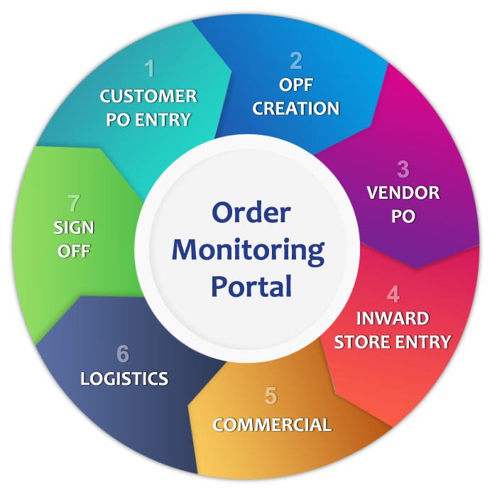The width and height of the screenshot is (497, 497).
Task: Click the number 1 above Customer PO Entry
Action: click(x=149, y=69)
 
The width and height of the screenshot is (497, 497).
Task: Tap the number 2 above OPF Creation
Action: click(x=296, y=60)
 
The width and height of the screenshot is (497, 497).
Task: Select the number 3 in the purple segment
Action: click(x=403, y=169)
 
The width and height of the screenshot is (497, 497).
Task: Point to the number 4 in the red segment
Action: click(x=393, y=294)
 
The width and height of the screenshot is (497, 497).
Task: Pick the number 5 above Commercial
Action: click(x=271, y=395)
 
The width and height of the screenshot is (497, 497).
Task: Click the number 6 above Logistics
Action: click(x=123, y=354)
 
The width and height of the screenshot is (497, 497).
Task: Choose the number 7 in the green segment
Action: click(x=74, y=204)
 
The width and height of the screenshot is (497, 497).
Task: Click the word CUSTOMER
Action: click(x=148, y=96)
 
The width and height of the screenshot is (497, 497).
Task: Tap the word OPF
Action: click(x=296, y=85)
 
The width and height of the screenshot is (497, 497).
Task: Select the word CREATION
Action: click(x=296, y=109)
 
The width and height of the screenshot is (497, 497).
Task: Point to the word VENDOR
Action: click(x=403, y=192)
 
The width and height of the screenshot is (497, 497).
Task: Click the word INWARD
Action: click(x=393, y=318)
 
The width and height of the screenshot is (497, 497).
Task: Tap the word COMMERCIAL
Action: click(x=272, y=425)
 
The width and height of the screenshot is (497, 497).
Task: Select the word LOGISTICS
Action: click(x=124, y=378)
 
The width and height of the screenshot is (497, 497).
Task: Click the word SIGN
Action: click(x=74, y=228)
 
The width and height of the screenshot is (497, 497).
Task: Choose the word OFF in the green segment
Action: click(x=74, y=251)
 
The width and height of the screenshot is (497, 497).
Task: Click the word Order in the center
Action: click(x=251, y=212)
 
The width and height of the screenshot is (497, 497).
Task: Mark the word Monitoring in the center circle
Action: click(x=248, y=249)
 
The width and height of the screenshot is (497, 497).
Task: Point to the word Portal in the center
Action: click(x=251, y=286)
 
